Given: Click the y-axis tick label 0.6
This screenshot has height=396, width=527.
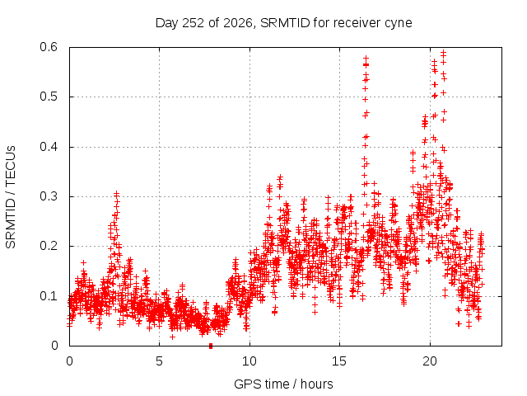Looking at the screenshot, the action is pos(49,47).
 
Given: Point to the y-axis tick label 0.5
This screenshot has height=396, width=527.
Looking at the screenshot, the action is pos(49,97).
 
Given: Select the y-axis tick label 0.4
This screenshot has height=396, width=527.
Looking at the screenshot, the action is pos(49,147).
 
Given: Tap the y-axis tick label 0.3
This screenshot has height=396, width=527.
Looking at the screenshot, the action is pos(49,196).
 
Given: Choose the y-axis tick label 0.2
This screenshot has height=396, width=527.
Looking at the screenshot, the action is pos(49,246).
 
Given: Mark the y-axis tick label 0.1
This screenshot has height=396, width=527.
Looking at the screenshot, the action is pos(49,296).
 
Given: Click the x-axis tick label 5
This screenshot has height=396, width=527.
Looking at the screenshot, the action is pos(159,361).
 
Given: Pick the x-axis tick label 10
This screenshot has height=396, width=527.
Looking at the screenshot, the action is pos(250,361).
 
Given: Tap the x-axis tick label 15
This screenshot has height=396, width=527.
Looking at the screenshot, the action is pos(339,361).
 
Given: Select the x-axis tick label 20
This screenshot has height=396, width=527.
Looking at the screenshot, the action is pos(430,361).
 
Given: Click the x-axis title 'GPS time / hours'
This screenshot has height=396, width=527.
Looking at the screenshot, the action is pos(283,384).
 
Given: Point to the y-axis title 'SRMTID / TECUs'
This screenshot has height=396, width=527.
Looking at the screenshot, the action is pos(11,197).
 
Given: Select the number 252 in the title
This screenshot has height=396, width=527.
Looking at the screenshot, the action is pos(193,23).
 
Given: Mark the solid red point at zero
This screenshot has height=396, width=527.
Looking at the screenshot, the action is pos(211,346).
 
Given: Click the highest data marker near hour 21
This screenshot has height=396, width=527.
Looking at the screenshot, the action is pos(443,53).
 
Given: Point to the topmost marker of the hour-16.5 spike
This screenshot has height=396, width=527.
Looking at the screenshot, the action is pos(366,59).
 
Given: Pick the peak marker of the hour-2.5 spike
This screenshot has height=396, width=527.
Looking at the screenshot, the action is pos(116,194).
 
